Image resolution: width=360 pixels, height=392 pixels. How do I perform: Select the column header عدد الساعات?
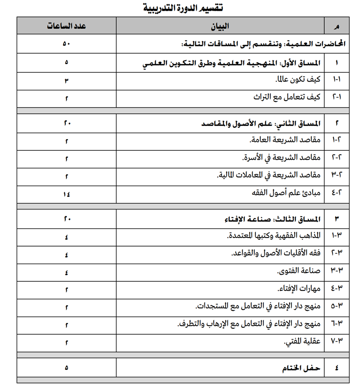coord(66,26)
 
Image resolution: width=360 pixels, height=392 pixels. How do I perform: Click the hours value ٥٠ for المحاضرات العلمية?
coord(66,45)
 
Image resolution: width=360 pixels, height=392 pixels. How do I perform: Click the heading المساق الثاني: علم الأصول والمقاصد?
coord(260,123)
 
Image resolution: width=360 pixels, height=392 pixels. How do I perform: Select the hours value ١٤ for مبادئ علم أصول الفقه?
coord(66,194)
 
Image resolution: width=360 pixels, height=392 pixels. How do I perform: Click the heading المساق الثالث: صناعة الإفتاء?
coord(272,219)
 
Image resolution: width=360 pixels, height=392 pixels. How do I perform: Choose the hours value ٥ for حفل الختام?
coord(66,368)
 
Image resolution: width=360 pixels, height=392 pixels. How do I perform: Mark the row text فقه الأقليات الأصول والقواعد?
coord(275,254)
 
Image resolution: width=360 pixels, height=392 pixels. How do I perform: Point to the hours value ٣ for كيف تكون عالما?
coord(66,80)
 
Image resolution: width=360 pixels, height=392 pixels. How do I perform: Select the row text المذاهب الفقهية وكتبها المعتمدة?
coord(273,236)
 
